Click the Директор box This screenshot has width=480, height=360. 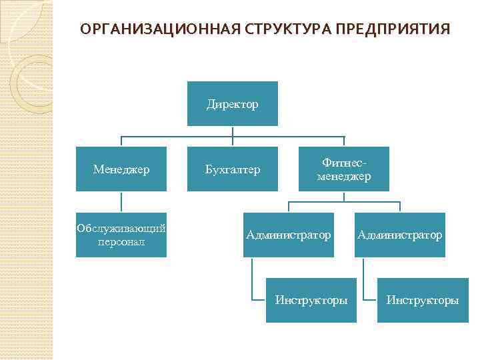click(x=232, y=103)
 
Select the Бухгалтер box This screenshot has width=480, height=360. click(x=232, y=169)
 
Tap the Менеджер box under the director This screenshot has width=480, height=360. click(x=121, y=169)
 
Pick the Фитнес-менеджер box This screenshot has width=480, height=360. click(x=343, y=169)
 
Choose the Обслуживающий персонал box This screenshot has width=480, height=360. click(x=121, y=235)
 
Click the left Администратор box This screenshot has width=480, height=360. click(x=288, y=235)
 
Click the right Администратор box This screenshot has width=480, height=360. click(x=399, y=235)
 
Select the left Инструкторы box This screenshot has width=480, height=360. click(x=311, y=300)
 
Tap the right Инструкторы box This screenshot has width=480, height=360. click(x=422, y=300)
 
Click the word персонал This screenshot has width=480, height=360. click(x=121, y=241)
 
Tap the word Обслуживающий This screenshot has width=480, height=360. click(x=121, y=229)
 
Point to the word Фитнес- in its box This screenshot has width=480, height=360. click(x=344, y=163)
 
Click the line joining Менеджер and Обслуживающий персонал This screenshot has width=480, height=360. click(x=121, y=202)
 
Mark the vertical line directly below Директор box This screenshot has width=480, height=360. click(x=232, y=132)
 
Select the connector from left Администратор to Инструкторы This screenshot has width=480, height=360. click(x=253, y=280)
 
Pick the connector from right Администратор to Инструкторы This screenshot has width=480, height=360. click(x=365, y=280)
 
